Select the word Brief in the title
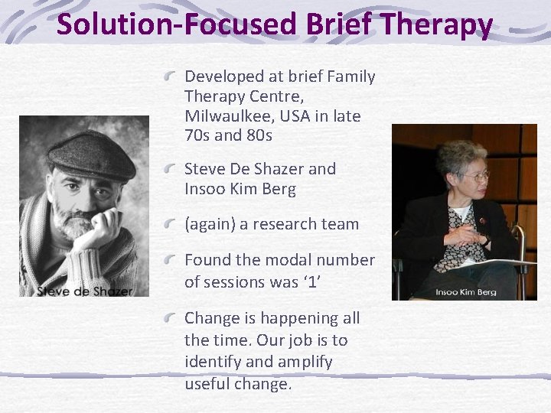click(x=333, y=24)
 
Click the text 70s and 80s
click(x=228, y=136)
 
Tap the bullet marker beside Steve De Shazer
click(x=174, y=168)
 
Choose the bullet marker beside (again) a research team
click(x=174, y=224)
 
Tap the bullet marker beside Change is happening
click(x=174, y=317)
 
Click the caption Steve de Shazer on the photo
click(x=83, y=290)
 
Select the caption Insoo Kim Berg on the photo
click(x=466, y=291)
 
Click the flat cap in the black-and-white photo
click(x=90, y=155)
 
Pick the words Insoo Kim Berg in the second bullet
click(x=240, y=189)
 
